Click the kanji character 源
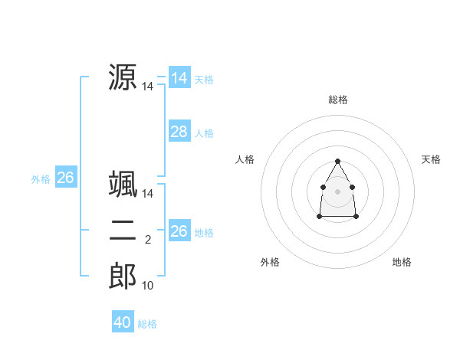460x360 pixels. (x=123, y=77)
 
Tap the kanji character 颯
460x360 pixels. (x=123, y=185)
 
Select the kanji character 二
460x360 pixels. (x=123, y=231)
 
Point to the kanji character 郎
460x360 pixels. (x=123, y=277)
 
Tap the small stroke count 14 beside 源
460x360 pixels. (x=147, y=87)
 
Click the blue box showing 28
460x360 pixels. (x=179, y=132)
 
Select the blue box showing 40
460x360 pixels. (x=123, y=322)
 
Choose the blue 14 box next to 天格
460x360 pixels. (x=179, y=78)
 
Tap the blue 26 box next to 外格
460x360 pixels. (x=65, y=178)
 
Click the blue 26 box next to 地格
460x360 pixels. (x=179, y=231)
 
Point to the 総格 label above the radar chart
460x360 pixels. (x=338, y=100)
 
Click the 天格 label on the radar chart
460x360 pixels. (x=432, y=159)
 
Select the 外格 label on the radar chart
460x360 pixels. (x=270, y=262)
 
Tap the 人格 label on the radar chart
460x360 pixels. (x=245, y=159)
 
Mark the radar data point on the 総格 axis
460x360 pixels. (x=338, y=161)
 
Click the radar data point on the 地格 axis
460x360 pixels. (x=356, y=217)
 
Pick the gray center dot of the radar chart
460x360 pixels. (x=338, y=191)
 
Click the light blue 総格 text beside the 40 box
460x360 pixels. (x=147, y=324)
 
